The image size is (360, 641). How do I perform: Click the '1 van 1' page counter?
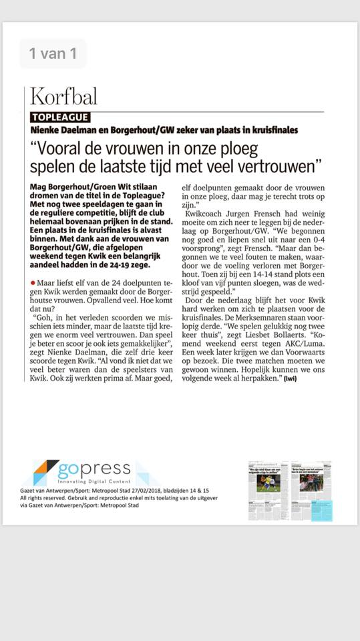(x=53, y=53)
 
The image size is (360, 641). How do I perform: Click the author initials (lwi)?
(x=289, y=379)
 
